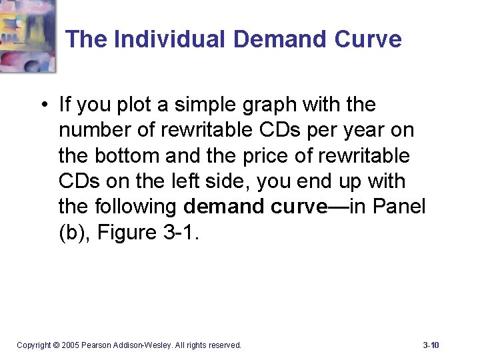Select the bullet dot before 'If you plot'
coord(42,105)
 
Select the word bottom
coord(131,155)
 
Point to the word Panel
coord(399,206)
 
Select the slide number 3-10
coord(431,345)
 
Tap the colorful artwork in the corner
coord(27,33)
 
